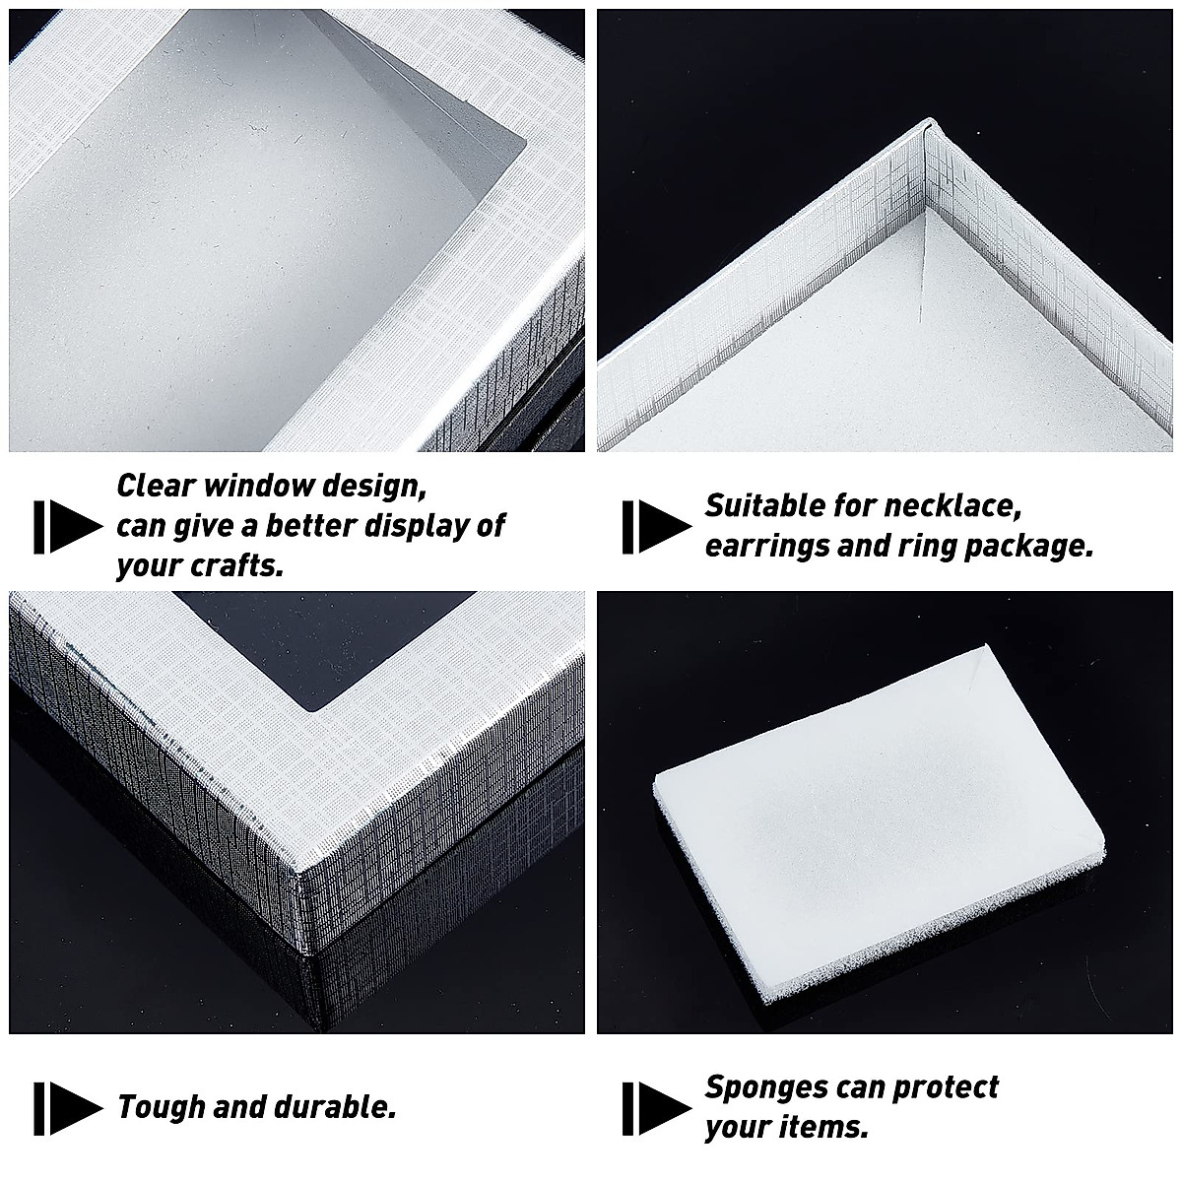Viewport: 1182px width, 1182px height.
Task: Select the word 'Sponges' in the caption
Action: tap(765, 1086)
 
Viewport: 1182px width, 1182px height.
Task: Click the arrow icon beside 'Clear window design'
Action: tap(67, 526)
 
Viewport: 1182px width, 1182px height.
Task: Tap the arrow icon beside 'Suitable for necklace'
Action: tap(656, 526)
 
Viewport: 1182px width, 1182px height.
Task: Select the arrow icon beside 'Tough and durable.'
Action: tap(67, 1107)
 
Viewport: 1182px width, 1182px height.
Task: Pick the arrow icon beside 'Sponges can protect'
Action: tap(656, 1107)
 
